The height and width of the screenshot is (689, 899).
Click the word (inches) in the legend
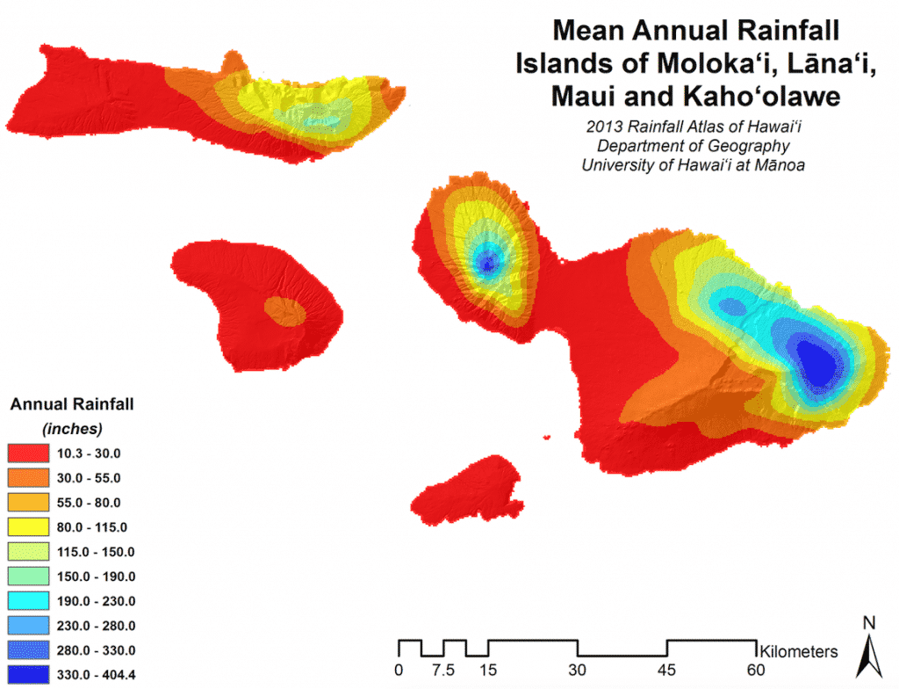[x=71, y=429]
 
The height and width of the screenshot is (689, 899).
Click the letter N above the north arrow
[x=869, y=623]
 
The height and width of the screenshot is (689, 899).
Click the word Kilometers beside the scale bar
[x=799, y=652]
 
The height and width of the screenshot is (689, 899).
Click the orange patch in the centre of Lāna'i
[x=284, y=310]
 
